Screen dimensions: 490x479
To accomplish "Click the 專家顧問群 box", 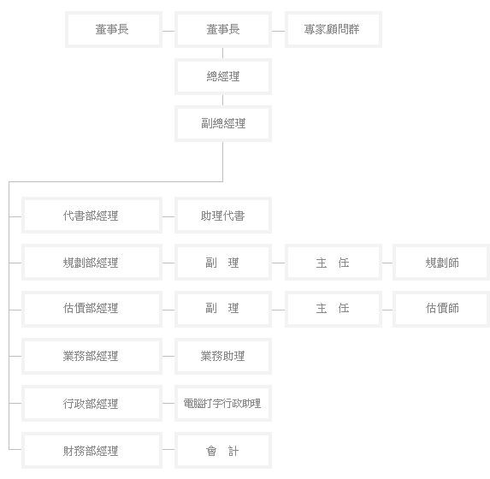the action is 334,29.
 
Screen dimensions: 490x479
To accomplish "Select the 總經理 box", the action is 223,76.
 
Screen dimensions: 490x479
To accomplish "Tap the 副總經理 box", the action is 223,123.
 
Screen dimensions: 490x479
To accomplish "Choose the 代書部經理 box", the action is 92,215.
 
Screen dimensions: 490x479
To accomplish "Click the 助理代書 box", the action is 223,215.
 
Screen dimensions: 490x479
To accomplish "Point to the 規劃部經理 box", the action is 92,263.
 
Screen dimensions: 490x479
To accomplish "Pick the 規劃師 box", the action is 441,263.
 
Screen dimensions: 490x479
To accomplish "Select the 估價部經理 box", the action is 92,310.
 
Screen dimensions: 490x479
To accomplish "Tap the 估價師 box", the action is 441,310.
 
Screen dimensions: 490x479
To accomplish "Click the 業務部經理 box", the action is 92,356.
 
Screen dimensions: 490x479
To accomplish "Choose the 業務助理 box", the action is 223,356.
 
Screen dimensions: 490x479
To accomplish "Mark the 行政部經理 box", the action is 92,404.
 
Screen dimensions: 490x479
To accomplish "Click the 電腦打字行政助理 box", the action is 223,404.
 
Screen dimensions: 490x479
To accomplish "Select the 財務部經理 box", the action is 92,450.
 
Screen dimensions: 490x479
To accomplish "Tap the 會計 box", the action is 223,450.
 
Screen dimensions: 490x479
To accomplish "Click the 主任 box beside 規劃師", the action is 334,263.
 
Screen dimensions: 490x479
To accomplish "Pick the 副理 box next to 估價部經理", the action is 223,310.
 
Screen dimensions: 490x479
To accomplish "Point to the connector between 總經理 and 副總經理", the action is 223,100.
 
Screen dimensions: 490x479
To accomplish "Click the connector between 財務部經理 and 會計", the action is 168,450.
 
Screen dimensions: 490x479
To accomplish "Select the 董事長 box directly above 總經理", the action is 223,29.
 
